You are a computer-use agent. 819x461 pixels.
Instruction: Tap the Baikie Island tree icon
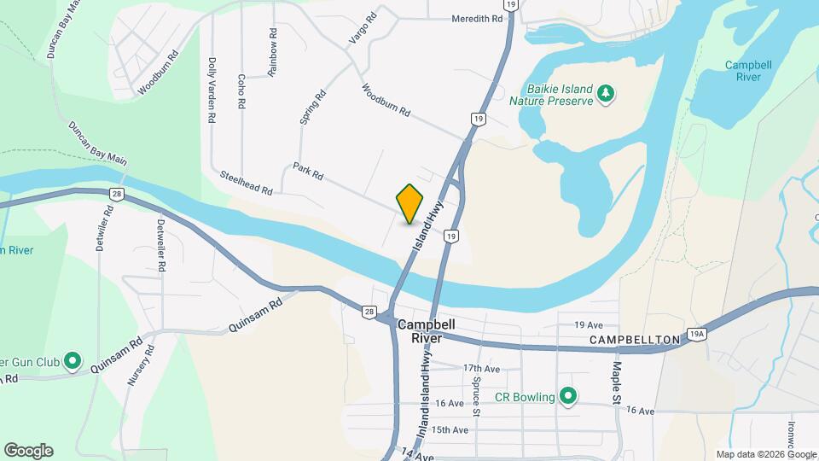coord(606,93)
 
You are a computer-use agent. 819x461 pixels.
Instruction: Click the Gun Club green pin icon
coord(73,362)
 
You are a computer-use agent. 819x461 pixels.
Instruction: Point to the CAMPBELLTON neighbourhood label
coord(635,340)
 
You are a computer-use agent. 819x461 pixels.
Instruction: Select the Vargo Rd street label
coord(362,29)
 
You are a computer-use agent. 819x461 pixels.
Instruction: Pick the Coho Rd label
coord(242,90)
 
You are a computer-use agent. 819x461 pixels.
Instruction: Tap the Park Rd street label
coord(308,171)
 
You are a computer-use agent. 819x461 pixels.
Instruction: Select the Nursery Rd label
coord(140,365)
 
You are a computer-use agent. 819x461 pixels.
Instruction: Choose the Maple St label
coord(615,382)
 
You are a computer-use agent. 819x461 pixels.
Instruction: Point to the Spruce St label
coord(477,395)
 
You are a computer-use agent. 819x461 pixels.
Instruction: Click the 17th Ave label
coord(480,368)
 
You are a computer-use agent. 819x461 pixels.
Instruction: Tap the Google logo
coord(28,451)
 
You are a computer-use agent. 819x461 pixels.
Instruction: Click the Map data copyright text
coord(764,454)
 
